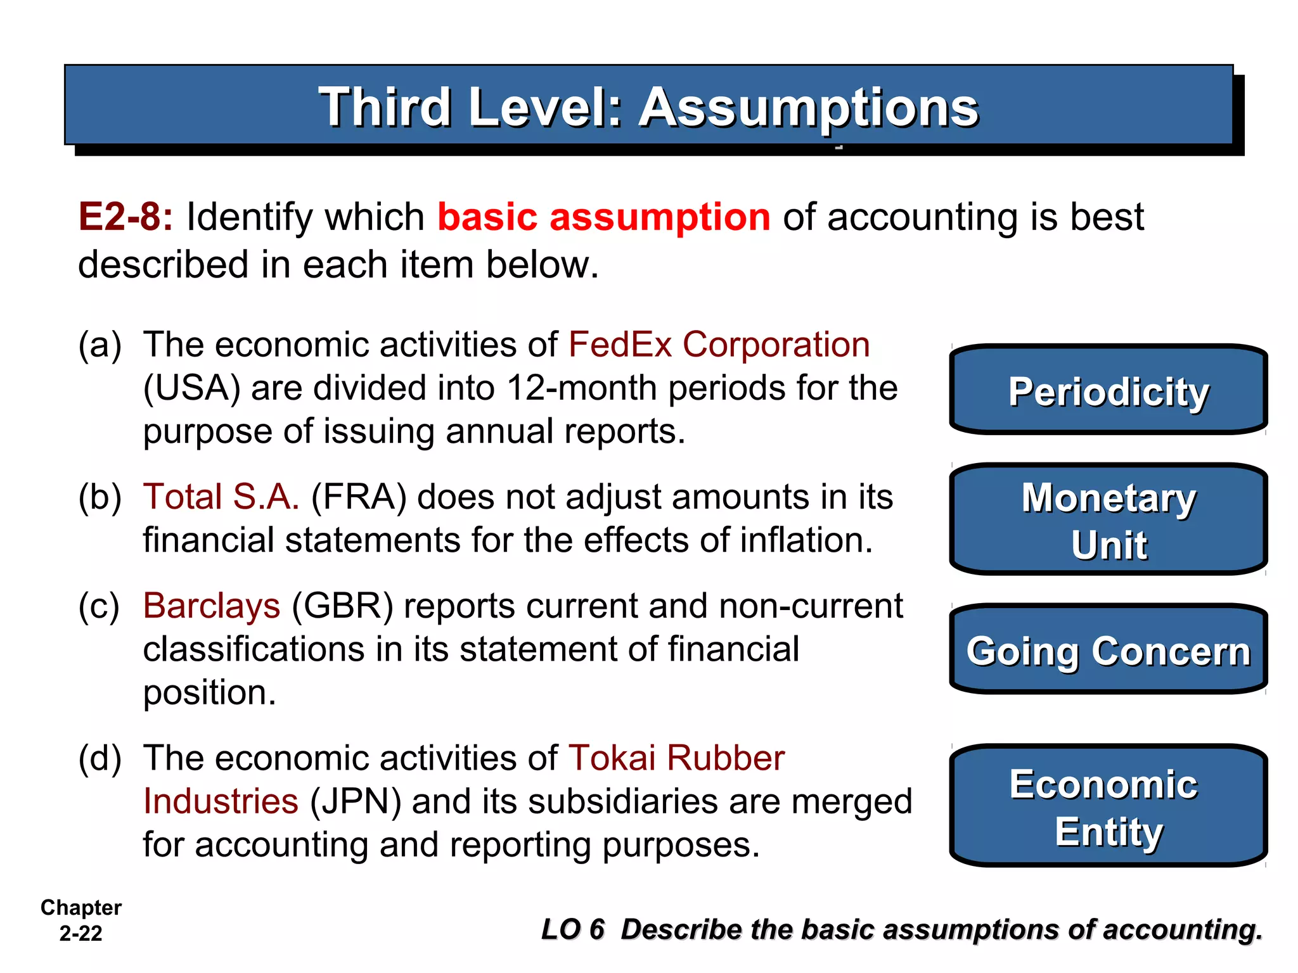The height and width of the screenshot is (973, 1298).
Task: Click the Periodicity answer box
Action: coord(1108,390)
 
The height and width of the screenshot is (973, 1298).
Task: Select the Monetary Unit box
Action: coord(1108,519)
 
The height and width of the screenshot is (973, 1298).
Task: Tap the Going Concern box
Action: coord(1108,650)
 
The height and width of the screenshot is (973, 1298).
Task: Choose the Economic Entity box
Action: coord(1108,806)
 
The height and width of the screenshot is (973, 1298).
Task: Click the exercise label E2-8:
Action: coord(125,217)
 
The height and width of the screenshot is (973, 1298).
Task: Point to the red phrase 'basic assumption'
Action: coord(603,217)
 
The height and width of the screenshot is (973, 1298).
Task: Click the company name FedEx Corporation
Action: coord(719,345)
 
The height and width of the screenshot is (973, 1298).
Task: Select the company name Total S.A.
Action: coord(221,497)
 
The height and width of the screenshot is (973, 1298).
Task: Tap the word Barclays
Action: coord(211,606)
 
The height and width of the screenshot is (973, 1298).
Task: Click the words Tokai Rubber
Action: coord(676,758)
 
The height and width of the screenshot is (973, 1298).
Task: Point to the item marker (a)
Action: coord(100,346)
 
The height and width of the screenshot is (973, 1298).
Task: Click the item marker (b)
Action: coord(100,497)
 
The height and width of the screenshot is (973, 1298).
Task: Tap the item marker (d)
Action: coord(100,759)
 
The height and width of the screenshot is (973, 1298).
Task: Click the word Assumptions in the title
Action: coord(808,108)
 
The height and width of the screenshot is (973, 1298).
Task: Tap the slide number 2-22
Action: coord(80,933)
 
